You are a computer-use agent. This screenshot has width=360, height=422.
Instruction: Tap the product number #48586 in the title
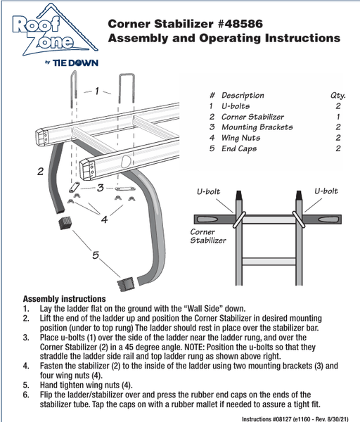pos(240,24)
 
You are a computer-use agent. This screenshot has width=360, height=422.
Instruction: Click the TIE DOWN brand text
pos(75,63)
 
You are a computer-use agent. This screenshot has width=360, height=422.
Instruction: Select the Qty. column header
pos(338,96)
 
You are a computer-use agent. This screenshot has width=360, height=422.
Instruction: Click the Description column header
pos(243,96)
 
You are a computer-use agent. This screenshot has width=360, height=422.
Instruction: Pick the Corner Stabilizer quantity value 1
pos(338,117)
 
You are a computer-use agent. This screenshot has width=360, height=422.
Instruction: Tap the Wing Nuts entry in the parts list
pos(240,138)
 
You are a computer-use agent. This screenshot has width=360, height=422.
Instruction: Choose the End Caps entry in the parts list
pos(239,149)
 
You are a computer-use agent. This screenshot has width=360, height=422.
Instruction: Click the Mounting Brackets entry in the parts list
pos(257,127)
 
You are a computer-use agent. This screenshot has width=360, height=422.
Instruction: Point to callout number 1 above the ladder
pos(97,91)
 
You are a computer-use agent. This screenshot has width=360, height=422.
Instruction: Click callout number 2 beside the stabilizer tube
pos(40,172)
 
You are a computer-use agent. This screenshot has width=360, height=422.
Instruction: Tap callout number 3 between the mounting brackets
pos(101,188)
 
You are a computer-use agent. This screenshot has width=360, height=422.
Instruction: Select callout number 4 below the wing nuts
pos(104,219)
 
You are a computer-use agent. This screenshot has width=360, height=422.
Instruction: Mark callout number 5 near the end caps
pos(96,255)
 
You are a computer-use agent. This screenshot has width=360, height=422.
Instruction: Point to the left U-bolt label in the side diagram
pos(209,191)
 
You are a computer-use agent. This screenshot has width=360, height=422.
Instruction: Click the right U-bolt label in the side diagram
pos(326,191)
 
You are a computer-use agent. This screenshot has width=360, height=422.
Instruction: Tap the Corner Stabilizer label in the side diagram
pos(208,236)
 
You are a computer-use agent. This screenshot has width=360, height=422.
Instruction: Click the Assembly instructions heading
pos(64,299)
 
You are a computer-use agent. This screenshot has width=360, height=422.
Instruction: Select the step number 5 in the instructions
pos(26,385)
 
